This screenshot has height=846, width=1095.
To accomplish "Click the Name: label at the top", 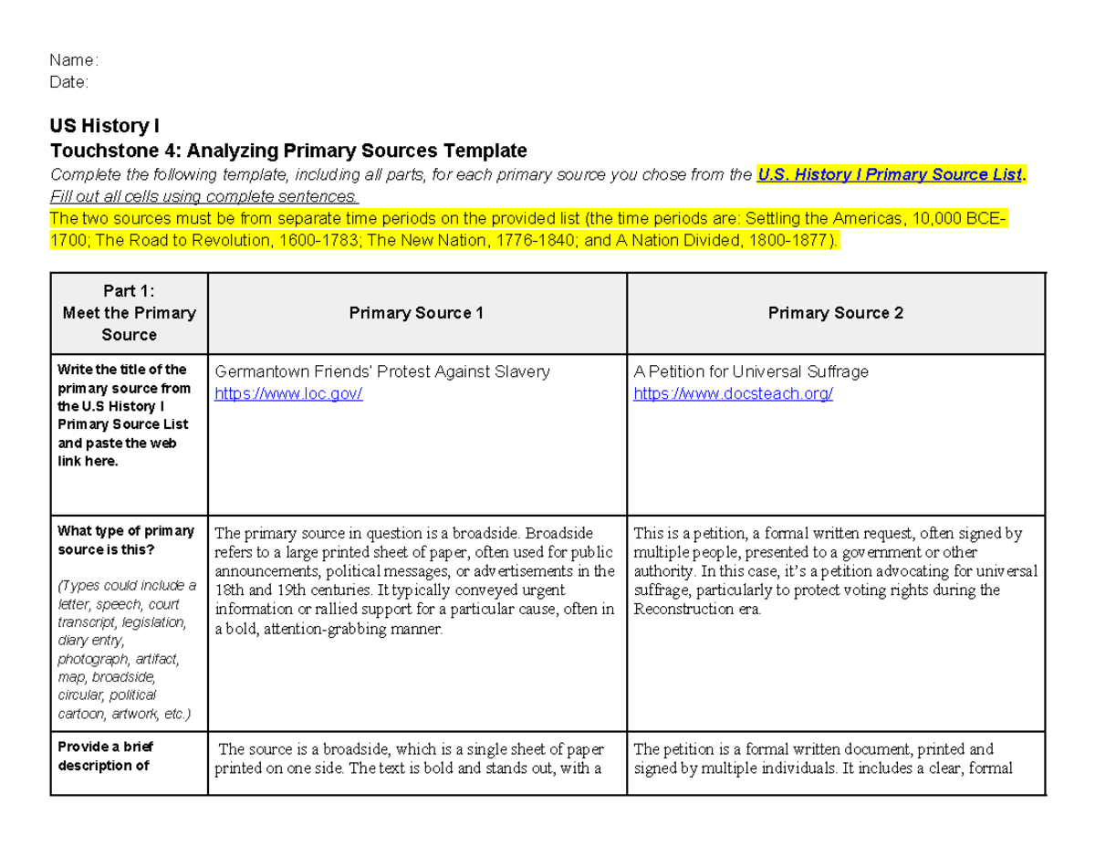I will [x=73, y=60].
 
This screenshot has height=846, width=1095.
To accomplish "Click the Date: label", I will [x=69, y=82].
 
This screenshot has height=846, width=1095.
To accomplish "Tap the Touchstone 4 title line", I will [x=288, y=150].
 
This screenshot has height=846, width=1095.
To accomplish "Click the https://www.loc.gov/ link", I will [x=288, y=393].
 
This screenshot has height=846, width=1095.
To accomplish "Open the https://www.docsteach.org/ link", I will [x=733, y=393].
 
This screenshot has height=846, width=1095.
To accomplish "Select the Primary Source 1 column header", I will [x=416, y=313].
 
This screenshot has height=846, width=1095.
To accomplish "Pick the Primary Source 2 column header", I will [x=835, y=313].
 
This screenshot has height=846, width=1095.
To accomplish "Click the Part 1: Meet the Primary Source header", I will [x=129, y=313].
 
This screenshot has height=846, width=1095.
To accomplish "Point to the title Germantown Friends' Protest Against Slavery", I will [x=381, y=371].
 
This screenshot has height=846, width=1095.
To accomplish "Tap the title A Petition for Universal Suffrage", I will [x=750, y=371].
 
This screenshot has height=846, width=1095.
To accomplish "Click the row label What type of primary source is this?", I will [x=126, y=540].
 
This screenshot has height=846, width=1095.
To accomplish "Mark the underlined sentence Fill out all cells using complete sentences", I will [x=204, y=196].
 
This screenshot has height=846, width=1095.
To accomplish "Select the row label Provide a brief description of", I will [x=105, y=756].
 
